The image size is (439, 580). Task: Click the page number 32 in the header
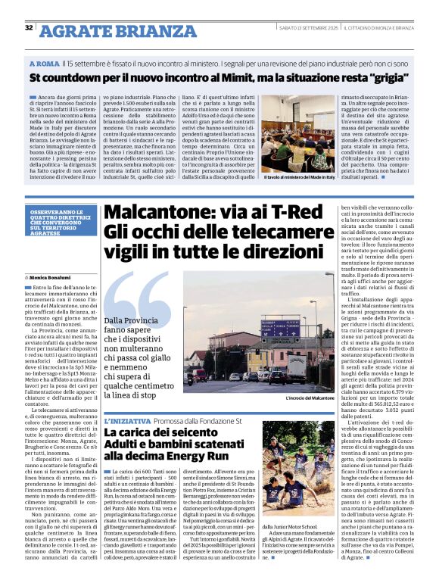tap(28, 28)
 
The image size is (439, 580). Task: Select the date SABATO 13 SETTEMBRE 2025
tap(307, 28)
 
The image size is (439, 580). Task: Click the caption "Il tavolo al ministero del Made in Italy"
tap(298, 178)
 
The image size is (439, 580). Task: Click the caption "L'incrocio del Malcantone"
tap(309, 398)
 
